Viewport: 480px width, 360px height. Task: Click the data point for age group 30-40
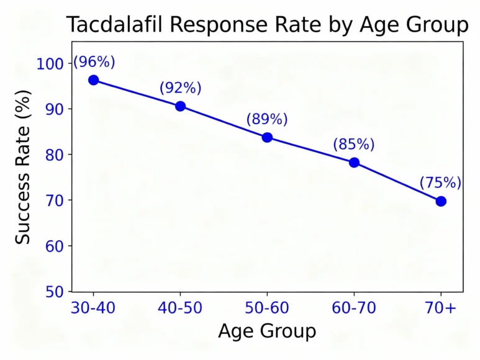pos(93,80)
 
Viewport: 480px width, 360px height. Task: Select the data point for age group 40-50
pos(180,106)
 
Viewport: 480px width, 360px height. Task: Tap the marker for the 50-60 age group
pos(267,137)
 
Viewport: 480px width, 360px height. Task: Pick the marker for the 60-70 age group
pos(354,163)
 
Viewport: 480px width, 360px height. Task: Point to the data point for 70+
pos(441,201)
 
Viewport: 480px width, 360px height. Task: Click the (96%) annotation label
pos(94,62)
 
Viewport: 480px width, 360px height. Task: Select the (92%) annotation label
pos(181,88)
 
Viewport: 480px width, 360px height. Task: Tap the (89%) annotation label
pos(267,119)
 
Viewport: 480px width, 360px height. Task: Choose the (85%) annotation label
pos(354,145)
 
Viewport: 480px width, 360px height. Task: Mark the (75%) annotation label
pos(440,183)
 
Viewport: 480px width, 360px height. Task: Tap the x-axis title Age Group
pos(267,331)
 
